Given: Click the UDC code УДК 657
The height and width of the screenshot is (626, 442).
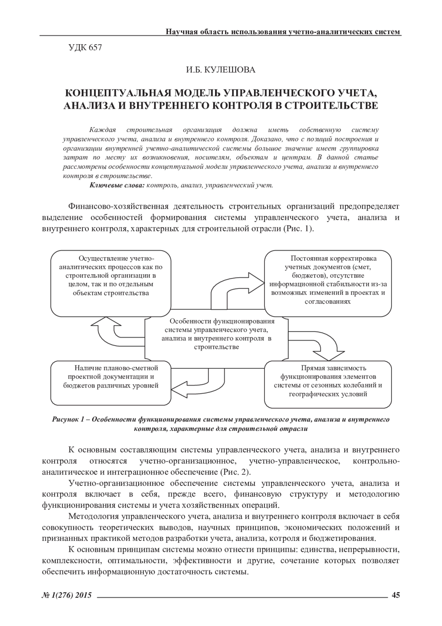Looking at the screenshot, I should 85,48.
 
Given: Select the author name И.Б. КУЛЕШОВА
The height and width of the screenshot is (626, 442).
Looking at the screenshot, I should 220,70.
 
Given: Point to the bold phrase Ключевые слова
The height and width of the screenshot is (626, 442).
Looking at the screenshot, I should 117,185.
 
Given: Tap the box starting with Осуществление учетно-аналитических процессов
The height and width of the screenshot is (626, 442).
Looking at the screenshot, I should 111,282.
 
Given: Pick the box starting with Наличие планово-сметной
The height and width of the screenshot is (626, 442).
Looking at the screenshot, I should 111,383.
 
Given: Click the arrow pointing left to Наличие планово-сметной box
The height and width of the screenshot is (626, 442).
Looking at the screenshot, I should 199,383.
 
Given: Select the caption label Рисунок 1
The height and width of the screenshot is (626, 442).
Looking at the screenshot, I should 70,420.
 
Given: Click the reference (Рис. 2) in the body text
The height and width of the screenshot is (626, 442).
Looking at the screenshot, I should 235,472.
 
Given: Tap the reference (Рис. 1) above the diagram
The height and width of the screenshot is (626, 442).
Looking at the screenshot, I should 298,228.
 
